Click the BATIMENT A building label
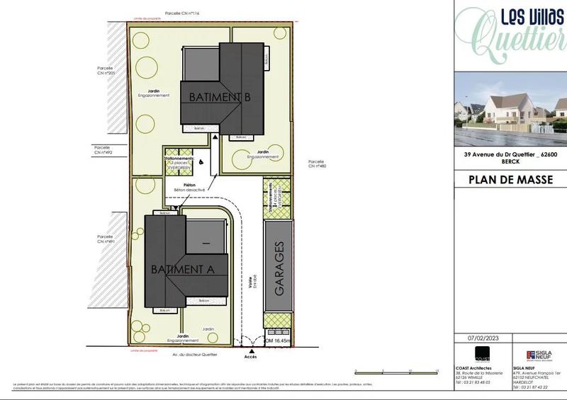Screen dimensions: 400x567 coord(182,269)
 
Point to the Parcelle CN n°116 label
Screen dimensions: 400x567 coord(180,13)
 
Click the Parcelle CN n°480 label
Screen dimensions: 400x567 coord(316,164)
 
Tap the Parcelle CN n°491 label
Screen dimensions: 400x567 coord(107,239)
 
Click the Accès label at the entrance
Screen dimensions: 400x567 coord(251,356)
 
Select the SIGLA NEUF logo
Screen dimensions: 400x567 coord(539,355)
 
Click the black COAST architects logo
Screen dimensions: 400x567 coord(482,355)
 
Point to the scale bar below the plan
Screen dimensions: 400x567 coord(395,370)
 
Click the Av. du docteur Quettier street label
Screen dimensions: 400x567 coord(194,354)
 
